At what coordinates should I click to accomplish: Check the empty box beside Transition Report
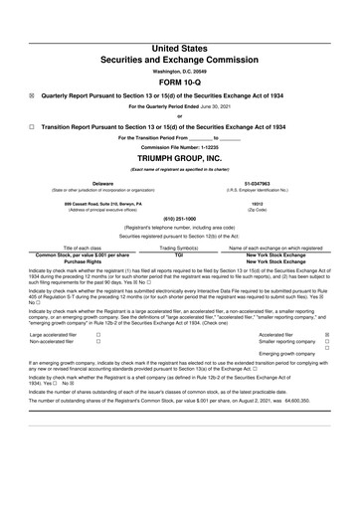click(31, 127)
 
